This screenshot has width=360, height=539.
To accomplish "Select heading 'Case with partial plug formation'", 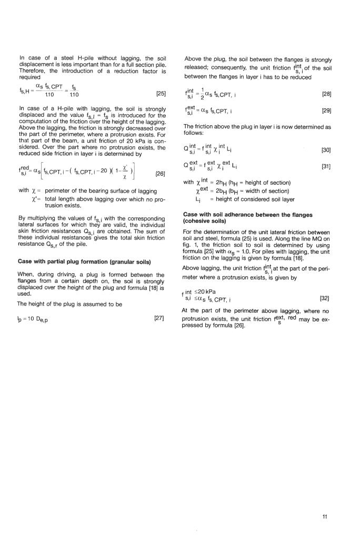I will pos(85,262).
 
